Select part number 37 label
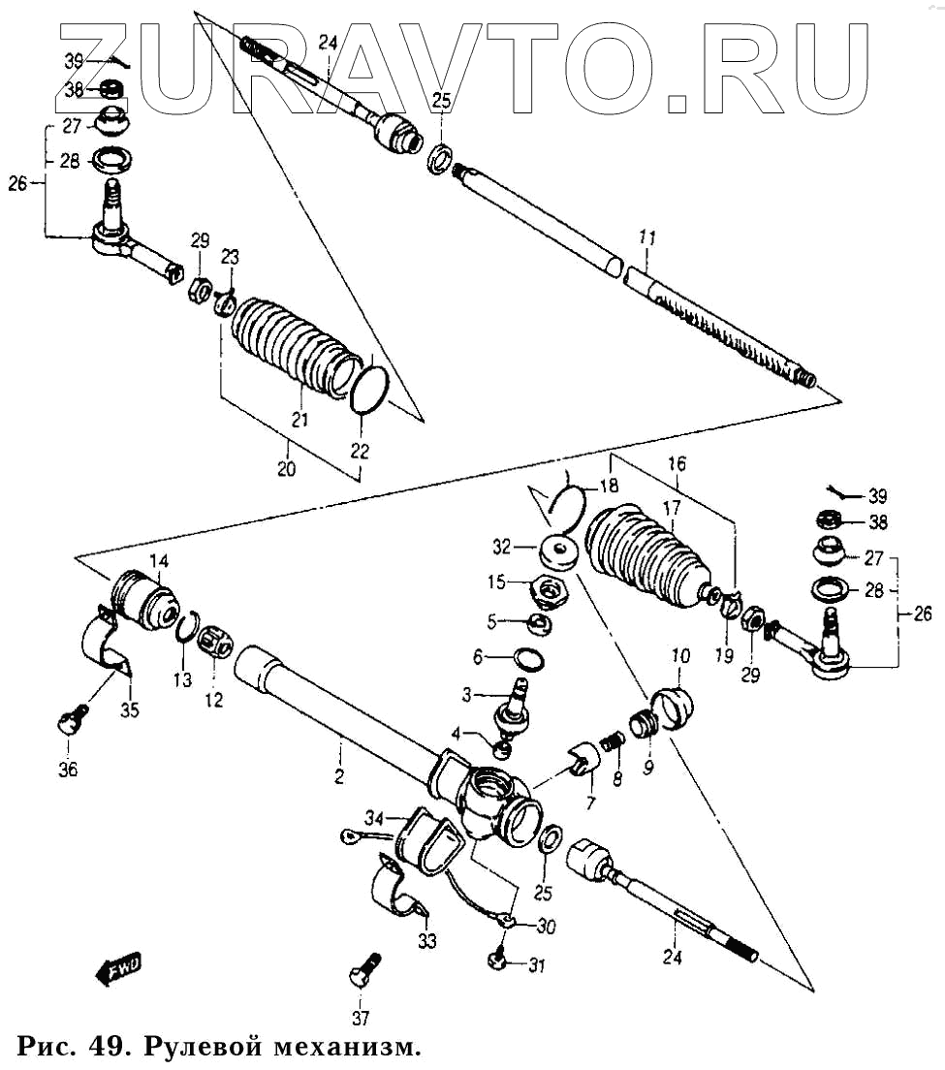[x=360, y=1017]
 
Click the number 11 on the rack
[x=647, y=236]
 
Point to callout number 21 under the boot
[x=299, y=420]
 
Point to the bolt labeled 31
[x=495, y=960]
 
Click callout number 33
[x=427, y=940]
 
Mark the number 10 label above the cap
[x=678, y=656]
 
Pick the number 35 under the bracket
[x=130, y=710]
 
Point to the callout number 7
[x=589, y=803]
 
